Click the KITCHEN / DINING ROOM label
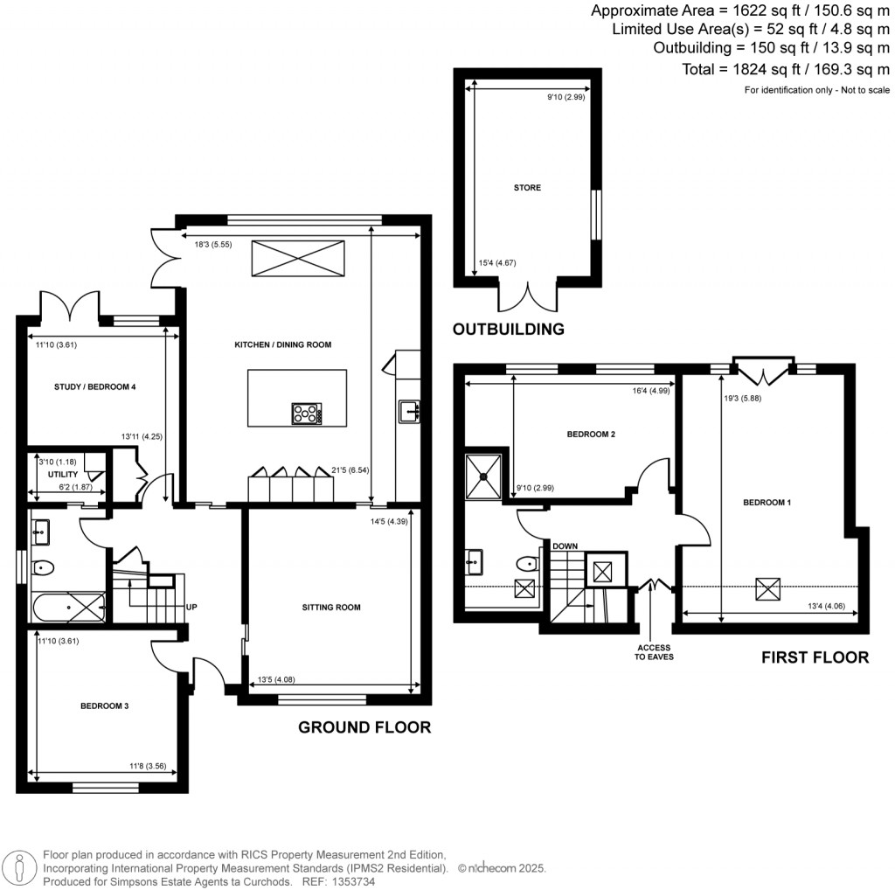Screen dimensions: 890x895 point(282,344)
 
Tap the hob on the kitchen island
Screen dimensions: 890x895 point(308,413)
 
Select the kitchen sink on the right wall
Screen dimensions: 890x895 point(409,410)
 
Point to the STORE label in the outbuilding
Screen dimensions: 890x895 point(527,188)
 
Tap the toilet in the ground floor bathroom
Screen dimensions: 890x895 point(43,568)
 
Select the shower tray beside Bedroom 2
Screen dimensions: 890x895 point(483,476)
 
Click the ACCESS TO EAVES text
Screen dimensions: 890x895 point(652,651)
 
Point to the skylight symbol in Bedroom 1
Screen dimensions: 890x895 point(769,589)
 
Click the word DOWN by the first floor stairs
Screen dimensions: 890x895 point(565,546)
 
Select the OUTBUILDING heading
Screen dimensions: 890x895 point(508,330)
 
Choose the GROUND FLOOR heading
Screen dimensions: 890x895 point(364,727)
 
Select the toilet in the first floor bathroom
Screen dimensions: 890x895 point(527,564)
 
